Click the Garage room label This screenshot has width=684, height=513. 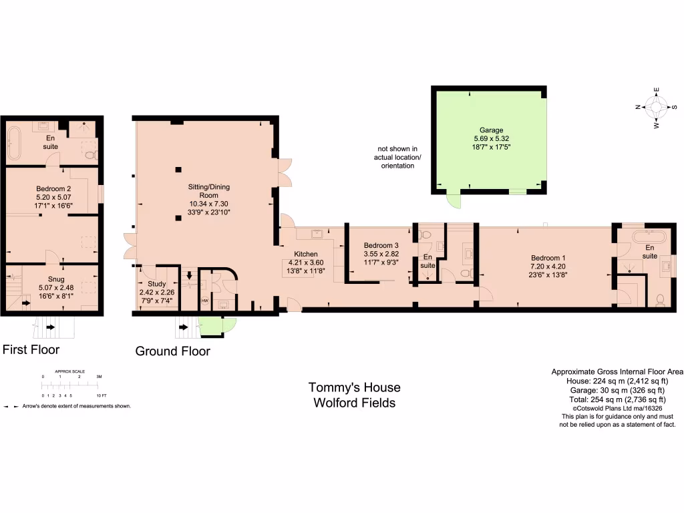click(x=490, y=130)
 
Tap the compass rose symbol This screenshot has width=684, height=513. click(x=656, y=107)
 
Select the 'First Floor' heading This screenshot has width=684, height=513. click(x=31, y=349)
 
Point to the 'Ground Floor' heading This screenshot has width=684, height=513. click(x=172, y=351)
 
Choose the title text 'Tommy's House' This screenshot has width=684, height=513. click(x=354, y=387)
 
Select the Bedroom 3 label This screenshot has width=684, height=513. click(x=381, y=246)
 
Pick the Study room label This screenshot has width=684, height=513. click(x=156, y=284)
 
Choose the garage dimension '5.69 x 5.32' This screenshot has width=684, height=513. click(x=490, y=138)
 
